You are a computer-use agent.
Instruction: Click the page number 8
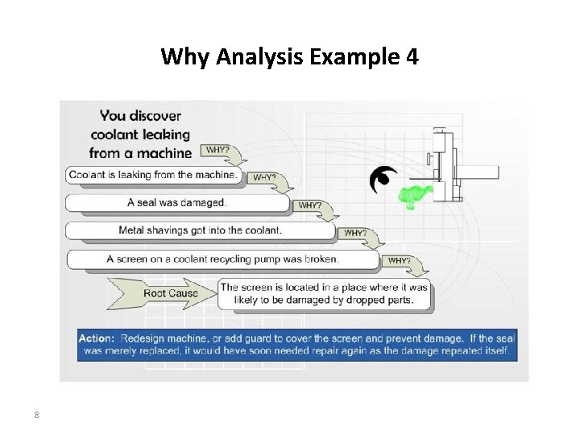click(x=36, y=416)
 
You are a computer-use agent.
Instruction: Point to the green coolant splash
click(x=416, y=193)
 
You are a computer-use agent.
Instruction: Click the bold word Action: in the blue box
click(x=97, y=338)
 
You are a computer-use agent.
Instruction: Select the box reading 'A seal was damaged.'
click(x=176, y=202)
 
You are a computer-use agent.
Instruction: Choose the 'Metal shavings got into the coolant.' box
click(x=200, y=230)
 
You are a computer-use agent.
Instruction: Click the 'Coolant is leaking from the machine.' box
click(x=153, y=175)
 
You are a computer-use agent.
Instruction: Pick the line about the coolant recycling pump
click(x=222, y=259)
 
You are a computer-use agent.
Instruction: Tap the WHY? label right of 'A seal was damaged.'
click(x=311, y=205)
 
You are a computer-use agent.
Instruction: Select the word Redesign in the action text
click(x=146, y=338)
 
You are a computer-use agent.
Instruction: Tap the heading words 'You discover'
click(x=141, y=115)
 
